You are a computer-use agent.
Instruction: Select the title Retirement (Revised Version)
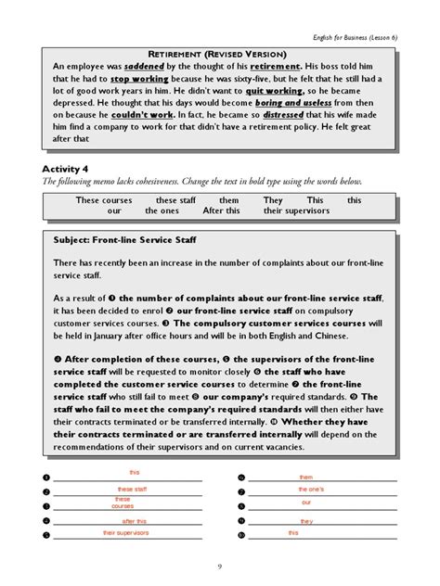point(220,54)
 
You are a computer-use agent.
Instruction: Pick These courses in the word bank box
point(105,200)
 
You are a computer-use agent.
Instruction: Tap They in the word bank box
point(273,200)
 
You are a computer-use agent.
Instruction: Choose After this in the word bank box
point(221,210)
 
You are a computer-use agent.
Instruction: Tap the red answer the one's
point(311,489)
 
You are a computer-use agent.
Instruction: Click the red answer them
point(306,478)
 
